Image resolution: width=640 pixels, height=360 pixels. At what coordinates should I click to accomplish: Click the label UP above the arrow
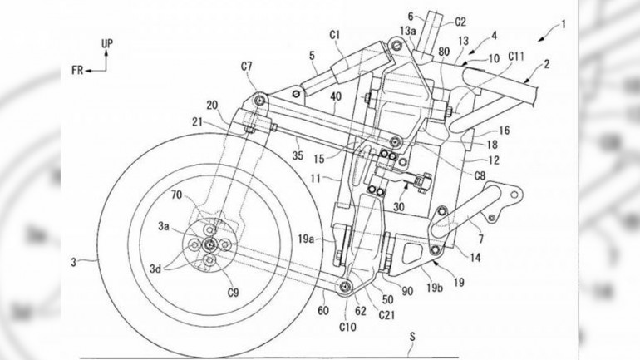tap(106, 42)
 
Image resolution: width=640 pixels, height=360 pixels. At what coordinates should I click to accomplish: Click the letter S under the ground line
tap(413, 336)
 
